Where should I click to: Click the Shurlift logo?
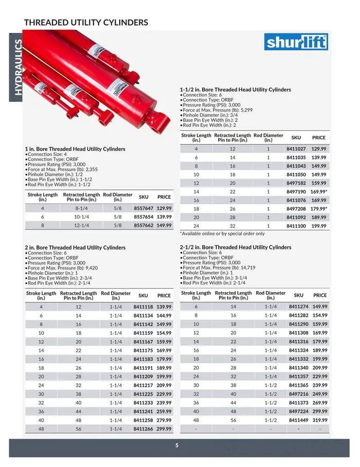tap(296, 42)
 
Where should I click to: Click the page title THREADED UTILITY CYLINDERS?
tap(86, 22)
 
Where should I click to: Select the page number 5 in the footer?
tap(176, 446)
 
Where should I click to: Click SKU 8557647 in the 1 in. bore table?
tap(143, 208)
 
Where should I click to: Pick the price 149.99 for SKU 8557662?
tap(164, 225)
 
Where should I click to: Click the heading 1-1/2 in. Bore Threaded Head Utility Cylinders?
tap(235, 89)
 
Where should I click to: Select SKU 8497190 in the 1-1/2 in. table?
tap(296, 191)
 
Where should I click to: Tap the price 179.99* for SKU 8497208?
tap(319, 208)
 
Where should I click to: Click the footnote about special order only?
tap(222, 233)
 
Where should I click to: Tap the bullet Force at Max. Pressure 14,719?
tap(219, 267)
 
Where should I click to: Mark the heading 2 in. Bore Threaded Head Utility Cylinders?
tap(75, 247)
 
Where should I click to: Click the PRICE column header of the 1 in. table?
tap(164, 197)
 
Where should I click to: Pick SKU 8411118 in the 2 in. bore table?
tap(143, 307)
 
